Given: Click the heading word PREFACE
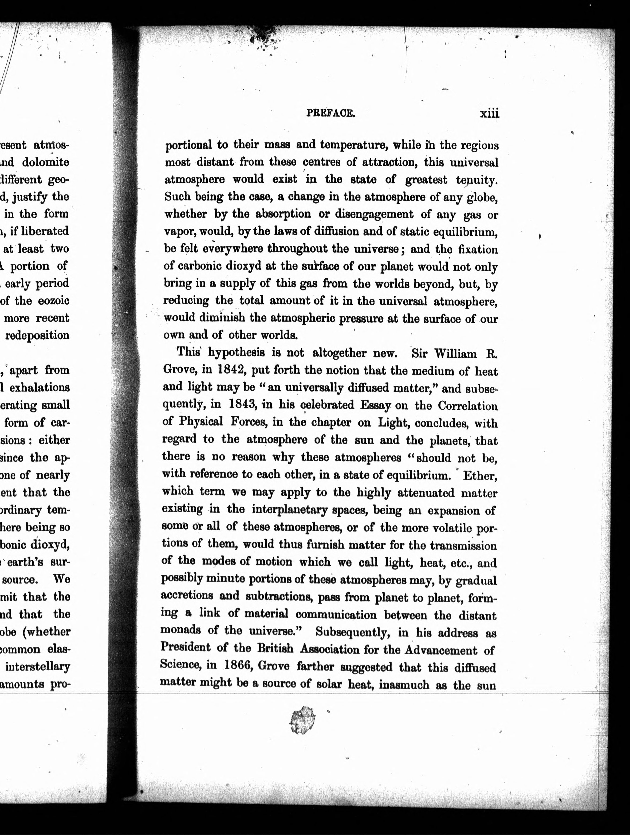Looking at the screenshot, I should pos(330,113).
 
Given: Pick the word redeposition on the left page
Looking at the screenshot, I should pos(37,335).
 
